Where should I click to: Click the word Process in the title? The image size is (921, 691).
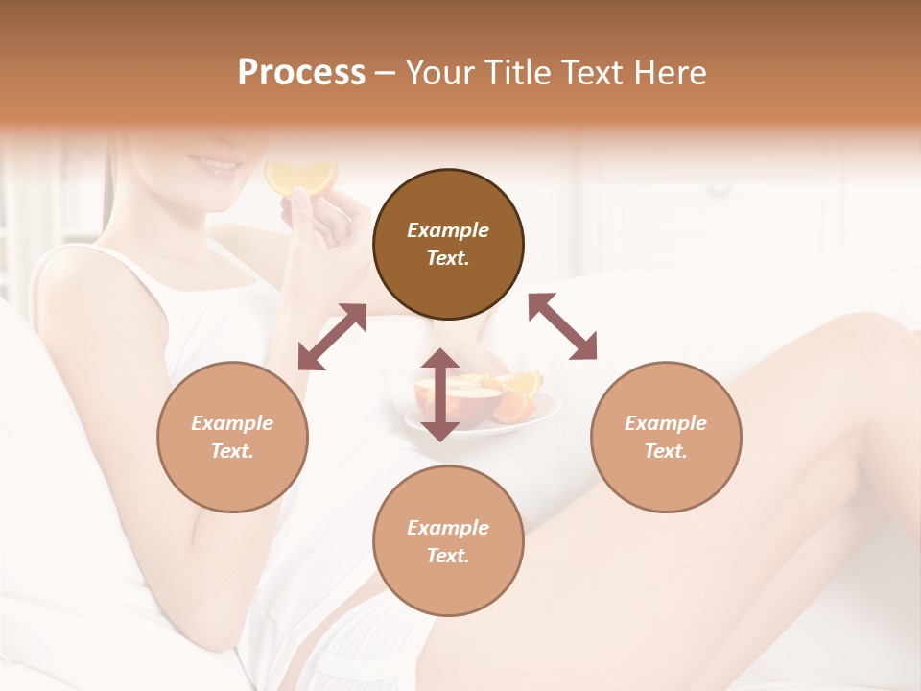click(301, 72)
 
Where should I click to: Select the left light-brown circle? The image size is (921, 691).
click(232, 437)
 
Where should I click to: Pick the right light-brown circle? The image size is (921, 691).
click(665, 437)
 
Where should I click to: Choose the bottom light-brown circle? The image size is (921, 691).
click(448, 541)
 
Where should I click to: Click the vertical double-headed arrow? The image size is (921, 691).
click(440, 394)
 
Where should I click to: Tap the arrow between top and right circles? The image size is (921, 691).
click(562, 326)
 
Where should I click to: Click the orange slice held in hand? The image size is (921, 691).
click(300, 177)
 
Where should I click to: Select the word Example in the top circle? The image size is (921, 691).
click(448, 230)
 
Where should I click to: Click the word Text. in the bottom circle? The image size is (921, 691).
click(448, 556)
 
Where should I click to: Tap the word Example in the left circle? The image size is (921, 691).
click(232, 423)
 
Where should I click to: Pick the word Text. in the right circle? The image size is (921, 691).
click(665, 451)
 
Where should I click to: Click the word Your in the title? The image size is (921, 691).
click(437, 72)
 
